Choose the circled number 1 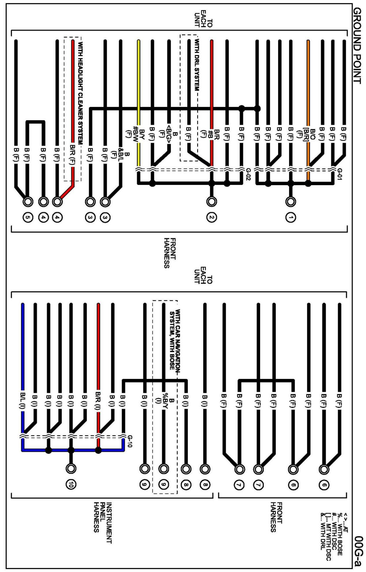coord(291,218)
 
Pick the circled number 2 coord(212,218)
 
